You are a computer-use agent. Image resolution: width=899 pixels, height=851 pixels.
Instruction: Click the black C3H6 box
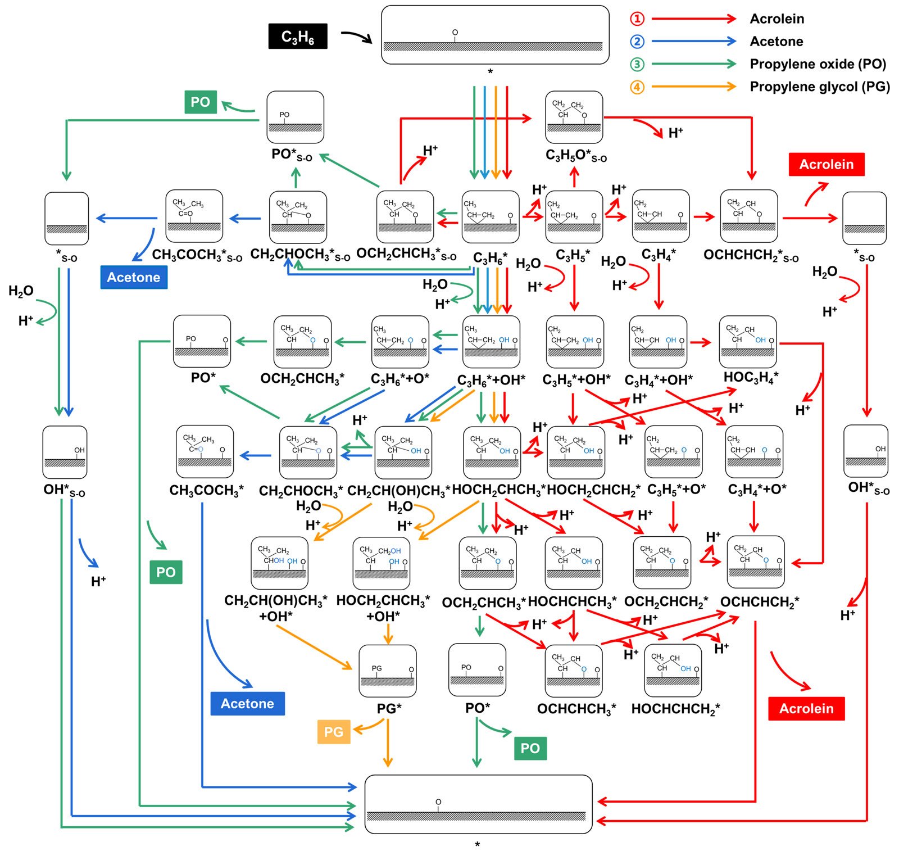point(297,37)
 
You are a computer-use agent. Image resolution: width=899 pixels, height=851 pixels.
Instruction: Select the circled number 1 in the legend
point(637,19)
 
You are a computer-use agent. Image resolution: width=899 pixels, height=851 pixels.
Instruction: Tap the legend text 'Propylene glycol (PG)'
point(820,87)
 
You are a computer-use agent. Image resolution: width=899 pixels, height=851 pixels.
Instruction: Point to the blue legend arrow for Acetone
point(694,41)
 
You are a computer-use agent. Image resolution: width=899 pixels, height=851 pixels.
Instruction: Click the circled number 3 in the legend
point(637,64)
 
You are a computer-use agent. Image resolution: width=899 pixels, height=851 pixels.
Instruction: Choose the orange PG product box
point(333,732)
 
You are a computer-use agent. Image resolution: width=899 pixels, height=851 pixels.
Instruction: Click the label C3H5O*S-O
point(576,155)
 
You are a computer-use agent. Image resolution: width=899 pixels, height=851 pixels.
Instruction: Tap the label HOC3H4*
point(751,377)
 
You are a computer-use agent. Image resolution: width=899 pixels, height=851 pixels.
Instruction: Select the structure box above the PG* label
point(388,671)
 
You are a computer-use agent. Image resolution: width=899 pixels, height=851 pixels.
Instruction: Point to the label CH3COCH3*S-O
point(197,256)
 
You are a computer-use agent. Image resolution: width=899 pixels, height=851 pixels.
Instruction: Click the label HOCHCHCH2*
point(675,709)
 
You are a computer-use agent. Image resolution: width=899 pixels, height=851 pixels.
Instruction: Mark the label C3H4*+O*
point(757,490)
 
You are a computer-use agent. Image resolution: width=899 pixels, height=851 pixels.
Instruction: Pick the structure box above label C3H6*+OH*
point(491,342)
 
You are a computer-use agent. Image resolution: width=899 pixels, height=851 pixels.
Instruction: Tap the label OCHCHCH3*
point(576,709)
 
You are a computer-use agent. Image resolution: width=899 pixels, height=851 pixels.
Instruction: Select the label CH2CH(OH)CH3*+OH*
point(275,609)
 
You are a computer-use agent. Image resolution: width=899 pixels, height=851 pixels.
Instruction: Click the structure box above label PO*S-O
point(296,117)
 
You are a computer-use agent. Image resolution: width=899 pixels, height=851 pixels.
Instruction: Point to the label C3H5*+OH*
point(576,380)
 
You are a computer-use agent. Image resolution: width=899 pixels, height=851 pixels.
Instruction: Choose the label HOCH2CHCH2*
point(593,490)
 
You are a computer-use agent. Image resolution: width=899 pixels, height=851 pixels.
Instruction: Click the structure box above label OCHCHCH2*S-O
point(749,216)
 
